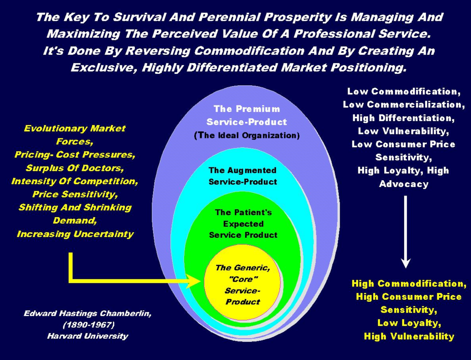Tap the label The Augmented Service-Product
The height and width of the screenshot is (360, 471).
pyautogui.click(x=243, y=176)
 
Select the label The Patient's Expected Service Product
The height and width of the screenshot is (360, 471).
pyautogui.click(x=243, y=223)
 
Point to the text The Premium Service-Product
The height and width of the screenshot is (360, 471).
pyautogui.click(x=247, y=115)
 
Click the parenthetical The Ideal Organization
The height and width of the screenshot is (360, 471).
pyautogui.click(x=247, y=135)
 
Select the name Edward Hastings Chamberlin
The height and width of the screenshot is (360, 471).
pyautogui.click(x=74, y=313)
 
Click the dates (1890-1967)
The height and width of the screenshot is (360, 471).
pyautogui.click(x=74, y=325)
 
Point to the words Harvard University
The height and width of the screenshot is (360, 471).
pyautogui.click(x=74, y=336)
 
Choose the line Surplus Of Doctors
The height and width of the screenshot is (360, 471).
pyautogui.click(x=74, y=168)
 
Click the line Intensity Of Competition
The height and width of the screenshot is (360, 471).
pyautogui.click(x=74, y=181)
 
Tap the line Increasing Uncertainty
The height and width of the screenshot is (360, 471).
pyautogui.click(x=75, y=234)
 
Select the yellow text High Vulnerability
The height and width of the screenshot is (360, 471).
pyautogui.click(x=408, y=336)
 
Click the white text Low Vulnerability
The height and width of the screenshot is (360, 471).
pyautogui.click(x=403, y=131)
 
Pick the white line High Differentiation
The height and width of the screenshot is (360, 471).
pyautogui.click(x=403, y=118)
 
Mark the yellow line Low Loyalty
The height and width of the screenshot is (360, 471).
pyautogui.click(x=408, y=323)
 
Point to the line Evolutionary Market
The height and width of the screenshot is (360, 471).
pyautogui.click(x=74, y=129)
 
